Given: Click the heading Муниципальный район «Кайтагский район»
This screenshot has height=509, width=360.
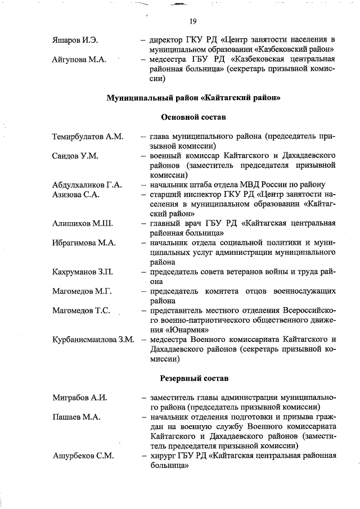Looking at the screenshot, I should tap(193, 98).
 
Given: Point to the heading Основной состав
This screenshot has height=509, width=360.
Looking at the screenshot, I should tap(193, 118).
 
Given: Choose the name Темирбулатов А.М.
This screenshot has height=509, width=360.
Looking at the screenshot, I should tap(87, 137).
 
